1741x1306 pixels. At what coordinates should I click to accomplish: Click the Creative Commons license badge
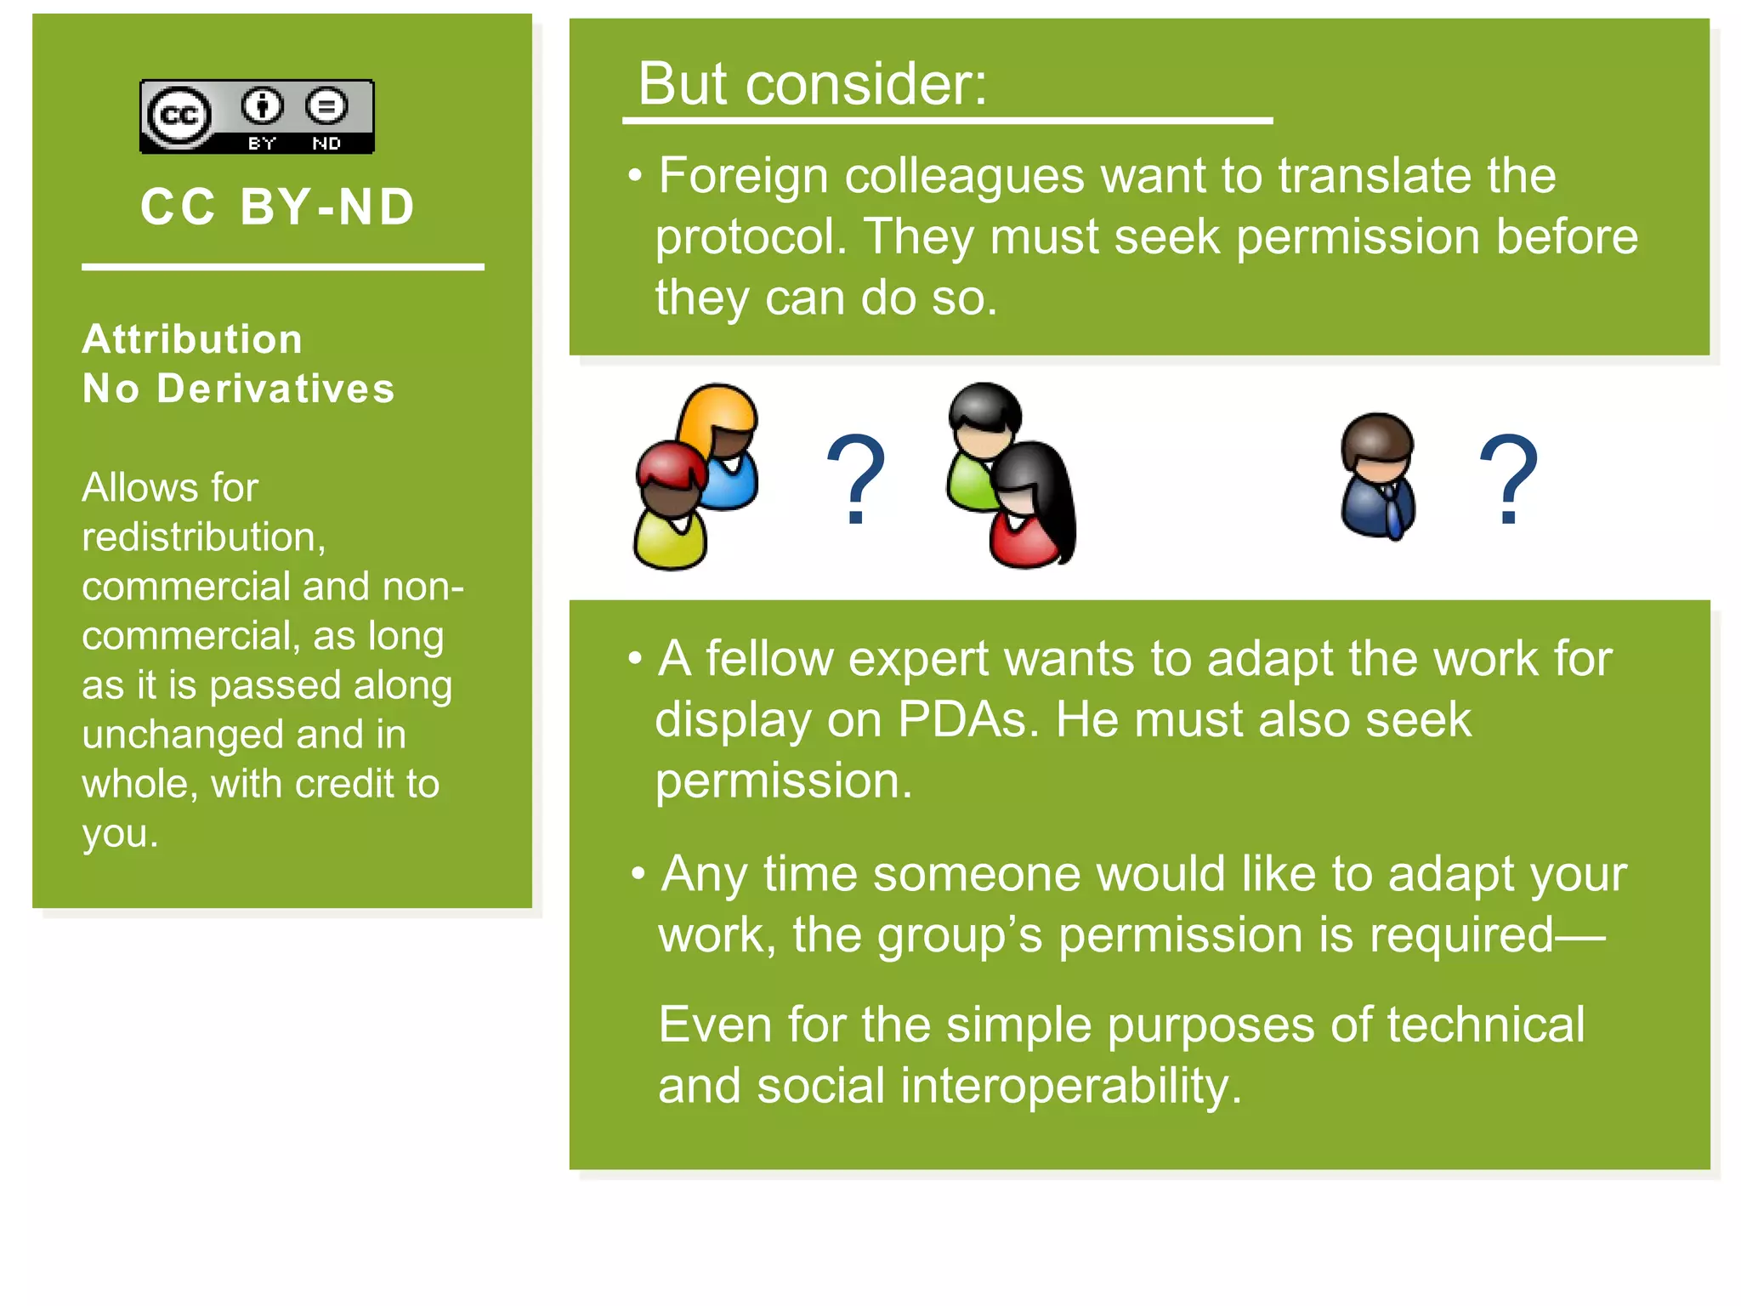[x=257, y=117]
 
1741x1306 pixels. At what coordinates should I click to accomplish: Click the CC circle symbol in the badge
[x=179, y=115]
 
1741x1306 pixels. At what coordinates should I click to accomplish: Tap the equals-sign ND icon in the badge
[x=326, y=106]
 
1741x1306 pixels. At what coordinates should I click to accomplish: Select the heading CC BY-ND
[x=278, y=207]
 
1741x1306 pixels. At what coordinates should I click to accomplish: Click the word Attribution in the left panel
[x=192, y=339]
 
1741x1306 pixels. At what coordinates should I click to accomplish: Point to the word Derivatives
[x=276, y=389]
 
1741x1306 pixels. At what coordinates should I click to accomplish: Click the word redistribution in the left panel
[x=202, y=537]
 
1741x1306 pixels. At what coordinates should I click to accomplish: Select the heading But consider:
[x=812, y=84]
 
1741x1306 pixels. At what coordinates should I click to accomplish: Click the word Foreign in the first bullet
[x=743, y=176]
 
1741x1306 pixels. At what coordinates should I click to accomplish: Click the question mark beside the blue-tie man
[x=1509, y=480]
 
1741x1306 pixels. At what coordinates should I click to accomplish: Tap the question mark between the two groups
[x=856, y=480]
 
